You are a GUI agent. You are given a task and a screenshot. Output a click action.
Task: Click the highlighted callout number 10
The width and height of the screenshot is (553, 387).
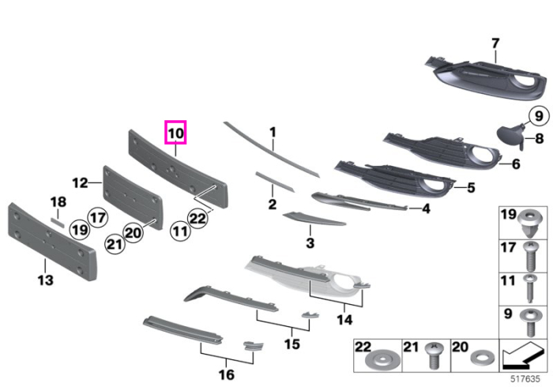(x=175, y=133)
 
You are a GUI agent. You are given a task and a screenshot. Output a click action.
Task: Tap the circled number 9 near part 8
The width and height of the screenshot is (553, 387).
(x=539, y=116)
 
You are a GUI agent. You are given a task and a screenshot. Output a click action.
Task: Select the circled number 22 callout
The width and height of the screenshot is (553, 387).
(x=197, y=219)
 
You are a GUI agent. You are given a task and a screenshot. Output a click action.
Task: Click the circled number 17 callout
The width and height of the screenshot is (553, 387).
(x=98, y=217)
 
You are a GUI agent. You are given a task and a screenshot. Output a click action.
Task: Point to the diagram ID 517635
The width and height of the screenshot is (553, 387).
(x=525, y=379)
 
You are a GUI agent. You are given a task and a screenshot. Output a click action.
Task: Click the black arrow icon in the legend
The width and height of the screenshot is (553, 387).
(x=523, y=355)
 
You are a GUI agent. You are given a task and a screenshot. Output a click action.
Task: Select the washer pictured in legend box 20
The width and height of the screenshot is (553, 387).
(x=482, y=359)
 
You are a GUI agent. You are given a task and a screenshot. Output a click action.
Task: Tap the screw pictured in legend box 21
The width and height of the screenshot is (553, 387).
(x=434, y=355)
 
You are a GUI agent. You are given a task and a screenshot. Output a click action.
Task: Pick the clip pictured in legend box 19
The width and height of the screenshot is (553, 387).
(x=529, y=224)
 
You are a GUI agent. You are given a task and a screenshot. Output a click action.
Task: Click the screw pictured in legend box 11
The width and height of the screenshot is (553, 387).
(x=530, y=289)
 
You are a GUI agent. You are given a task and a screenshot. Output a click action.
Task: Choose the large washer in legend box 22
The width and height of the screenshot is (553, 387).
(x=383, y=360)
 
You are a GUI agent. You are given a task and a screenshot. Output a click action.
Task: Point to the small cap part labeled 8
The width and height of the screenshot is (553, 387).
(x=510, y=136)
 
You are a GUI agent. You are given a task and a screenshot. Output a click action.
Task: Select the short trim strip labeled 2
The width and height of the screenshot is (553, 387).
(x=275, y=182)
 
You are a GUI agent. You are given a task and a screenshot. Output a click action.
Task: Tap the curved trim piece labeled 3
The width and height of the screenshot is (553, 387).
(x=314, y=219)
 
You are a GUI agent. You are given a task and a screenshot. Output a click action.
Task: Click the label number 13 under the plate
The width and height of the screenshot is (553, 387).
(x=46, y=280)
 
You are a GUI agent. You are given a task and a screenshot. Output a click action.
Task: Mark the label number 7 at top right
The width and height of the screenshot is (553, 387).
(x=495, y=43)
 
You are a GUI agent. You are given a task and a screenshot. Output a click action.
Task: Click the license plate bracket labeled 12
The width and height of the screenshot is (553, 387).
(x=132, y=197)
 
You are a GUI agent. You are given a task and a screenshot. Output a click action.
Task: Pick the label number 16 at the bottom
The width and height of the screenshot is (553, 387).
(x=227, y=374)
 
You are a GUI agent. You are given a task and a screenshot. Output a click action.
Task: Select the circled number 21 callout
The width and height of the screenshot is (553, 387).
(x=115, y=243)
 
